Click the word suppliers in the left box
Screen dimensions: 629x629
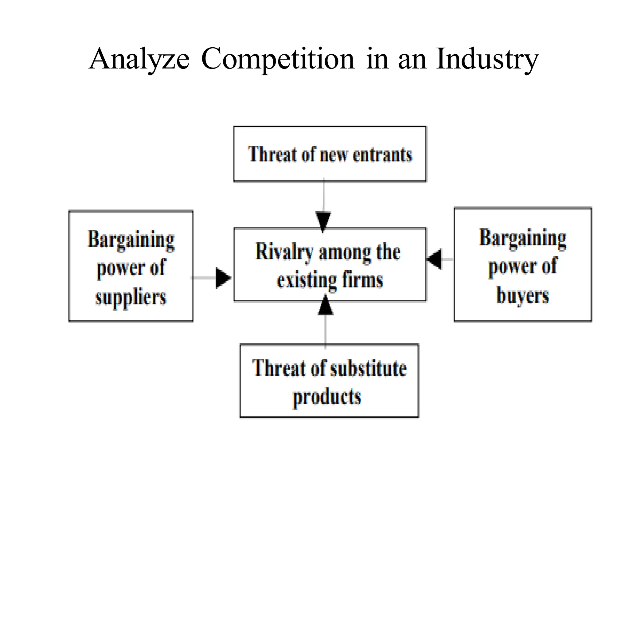pyautogui.click(x=131, y=297)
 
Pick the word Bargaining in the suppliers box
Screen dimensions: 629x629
pyautogui.click(x=131, y=240)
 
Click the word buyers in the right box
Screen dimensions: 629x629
pyautogui.click(x=522, y=296)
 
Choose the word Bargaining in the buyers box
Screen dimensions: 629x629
pyautogui.click(x=522, y=238)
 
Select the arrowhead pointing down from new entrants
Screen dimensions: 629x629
pyautogui.click(x=323, y=221)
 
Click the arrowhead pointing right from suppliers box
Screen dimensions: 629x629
pyautogui.click(x=223, y=278)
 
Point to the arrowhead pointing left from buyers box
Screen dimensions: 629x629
pyautogui.click(x=435, y=260)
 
